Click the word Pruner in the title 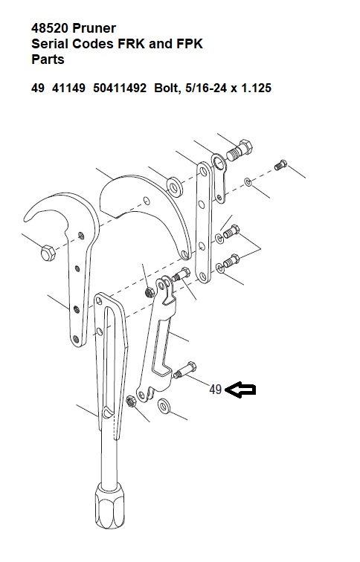94,28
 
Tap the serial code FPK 190,44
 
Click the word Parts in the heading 48,59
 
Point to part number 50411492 120,88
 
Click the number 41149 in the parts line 68,88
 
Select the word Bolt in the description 167,88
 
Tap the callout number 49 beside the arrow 216,390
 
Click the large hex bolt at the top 240,150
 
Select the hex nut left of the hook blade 48,253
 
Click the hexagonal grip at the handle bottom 110,506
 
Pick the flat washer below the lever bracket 164,406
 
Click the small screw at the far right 280,165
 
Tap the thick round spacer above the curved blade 175,187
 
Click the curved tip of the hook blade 29,215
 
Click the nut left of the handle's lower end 131,401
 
